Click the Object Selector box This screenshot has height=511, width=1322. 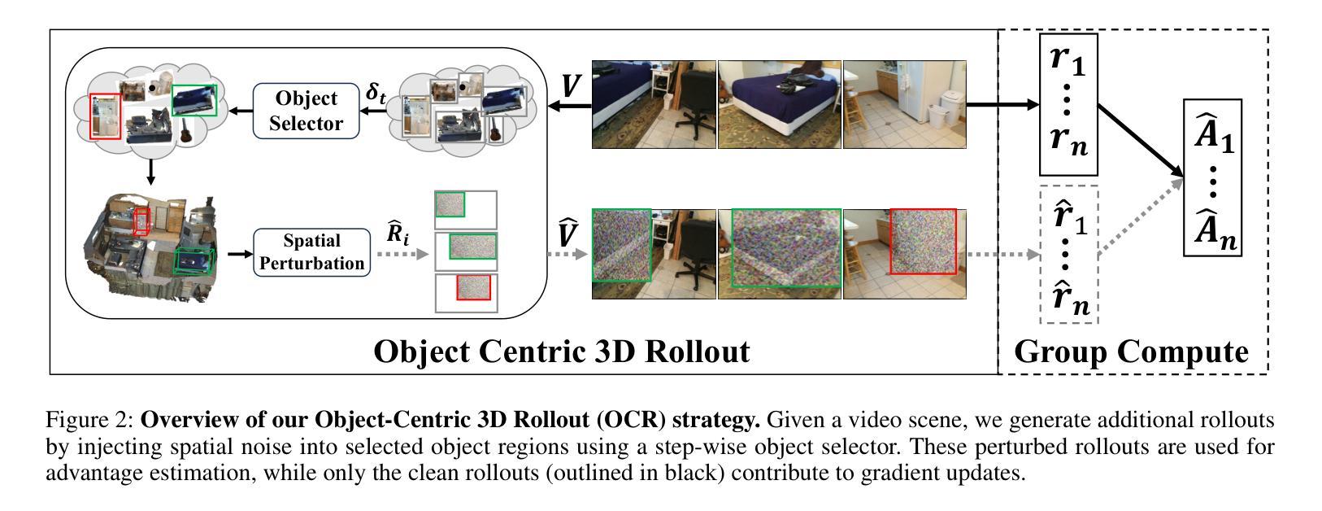tap(306, 111)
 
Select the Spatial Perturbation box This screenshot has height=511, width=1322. tap(312, 252)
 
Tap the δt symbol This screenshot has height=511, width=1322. tap(376, 92)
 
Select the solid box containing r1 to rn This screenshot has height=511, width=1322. tap(1068, 104)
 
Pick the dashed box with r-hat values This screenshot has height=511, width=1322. tap(1068, 255)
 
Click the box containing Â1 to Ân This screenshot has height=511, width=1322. tap(1212, 177)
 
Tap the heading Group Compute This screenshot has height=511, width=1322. tap(1131, 352)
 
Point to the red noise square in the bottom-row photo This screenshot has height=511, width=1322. tap(923, 242)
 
